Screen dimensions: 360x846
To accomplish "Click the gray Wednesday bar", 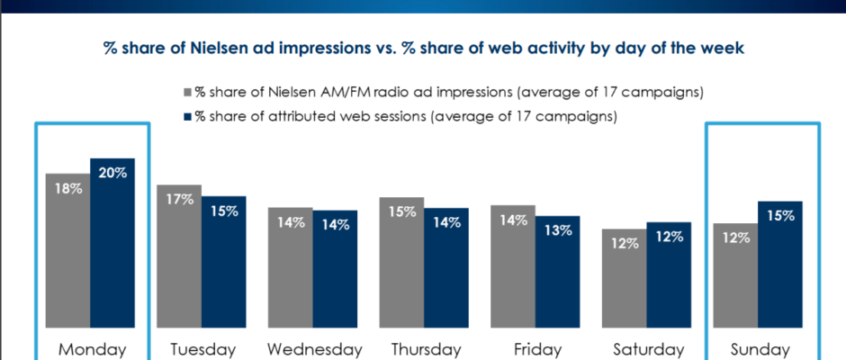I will pos(290,274).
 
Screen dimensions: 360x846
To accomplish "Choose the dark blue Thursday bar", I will pos(446,274).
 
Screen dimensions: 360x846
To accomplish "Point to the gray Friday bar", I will pos(512,274).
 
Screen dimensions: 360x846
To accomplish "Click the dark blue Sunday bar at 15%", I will pos(779,270).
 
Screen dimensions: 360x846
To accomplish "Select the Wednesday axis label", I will pos(313,348).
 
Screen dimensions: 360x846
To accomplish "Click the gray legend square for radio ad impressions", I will pos(187,92).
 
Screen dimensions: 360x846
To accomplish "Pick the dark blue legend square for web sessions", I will pos(187,115).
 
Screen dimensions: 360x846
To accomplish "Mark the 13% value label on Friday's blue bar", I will pos(557,230).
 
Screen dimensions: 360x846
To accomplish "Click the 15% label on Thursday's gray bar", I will pos(401,212).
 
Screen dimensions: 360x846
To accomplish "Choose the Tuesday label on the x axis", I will pos(202,348).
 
